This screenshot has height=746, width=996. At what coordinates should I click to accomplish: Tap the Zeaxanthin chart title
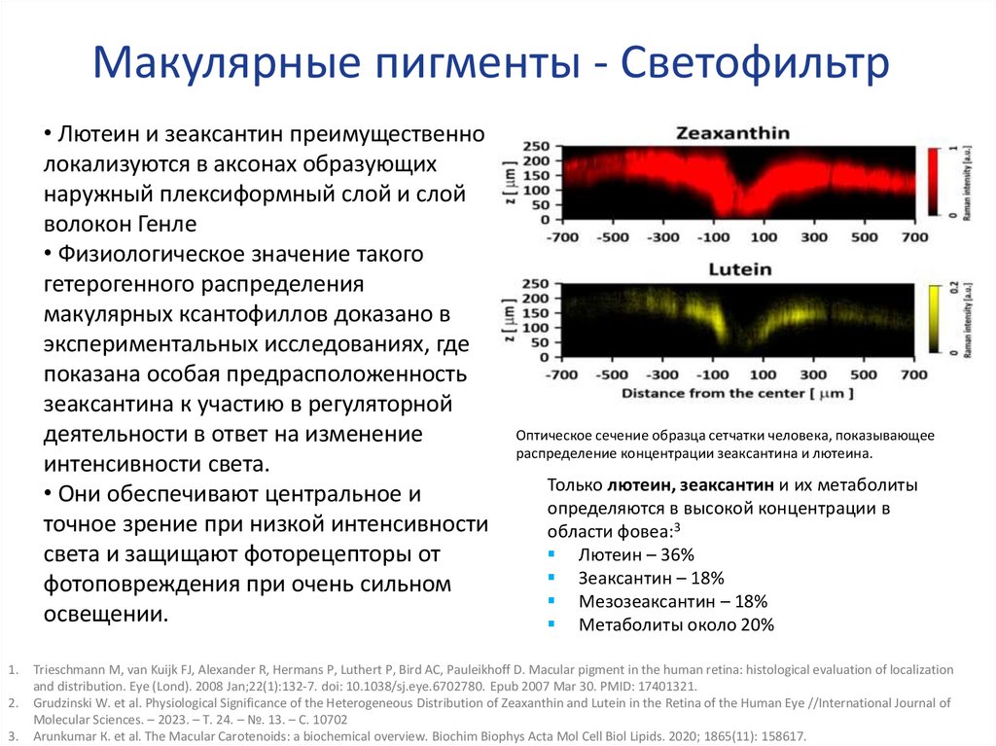(x=719, y=133)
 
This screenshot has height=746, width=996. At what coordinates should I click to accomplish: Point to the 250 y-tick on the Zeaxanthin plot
(x=536, y=147)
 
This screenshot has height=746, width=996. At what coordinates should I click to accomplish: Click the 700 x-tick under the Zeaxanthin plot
(x=914, y=237)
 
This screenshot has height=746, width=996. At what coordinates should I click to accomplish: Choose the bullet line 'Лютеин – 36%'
(x=635, y=554)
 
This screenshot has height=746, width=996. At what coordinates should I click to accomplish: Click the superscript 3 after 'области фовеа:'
(x=676, y=528)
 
